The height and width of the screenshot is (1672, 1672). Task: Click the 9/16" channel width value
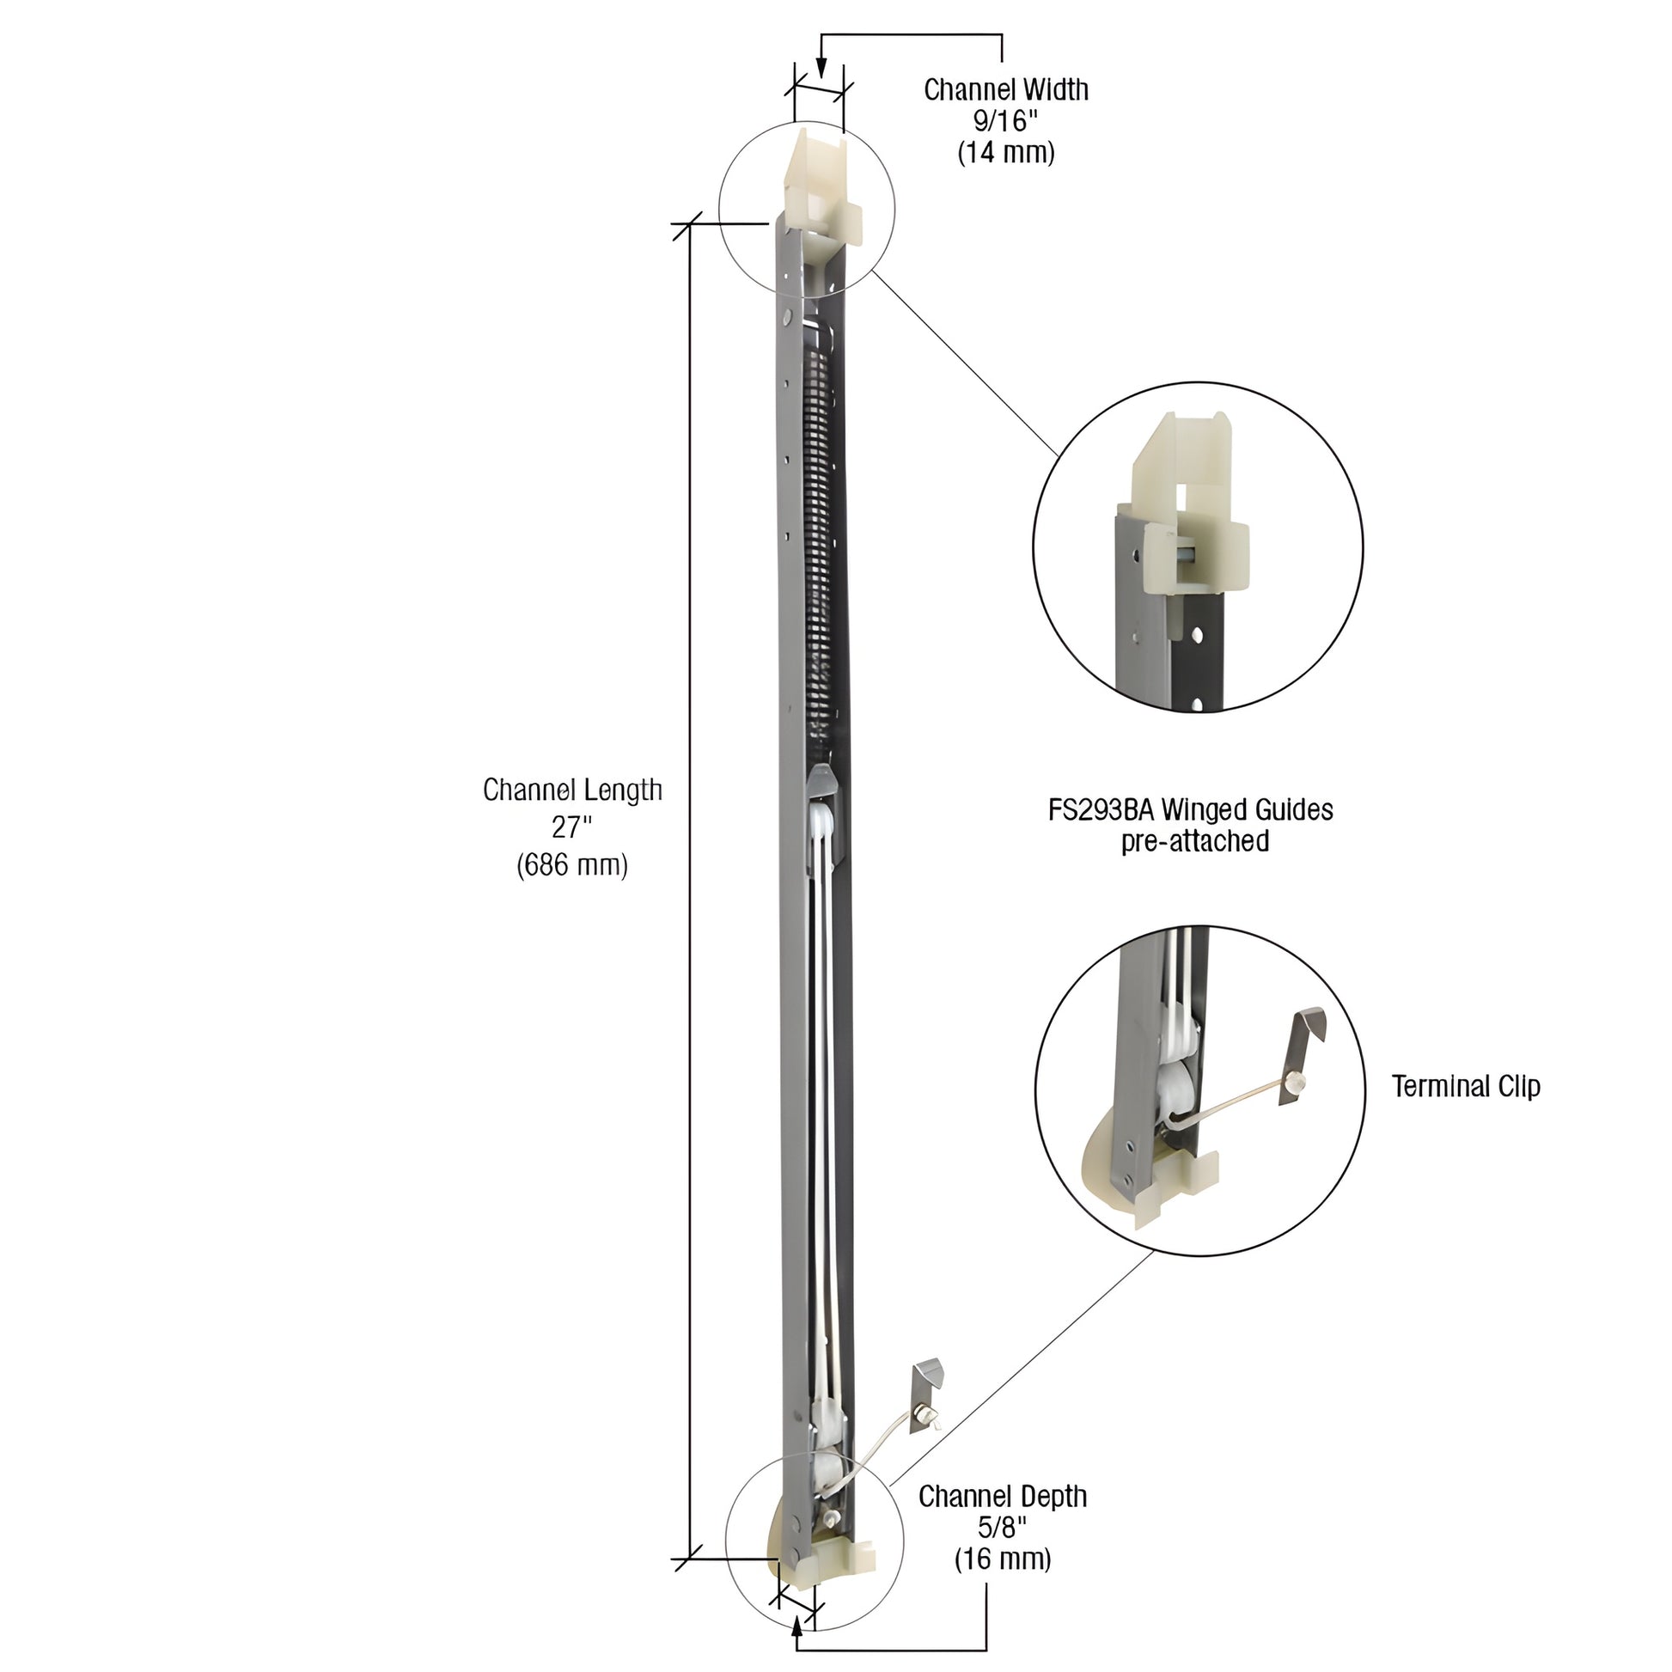click(1004, 121)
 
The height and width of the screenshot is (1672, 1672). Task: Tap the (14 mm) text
click(1005, 153)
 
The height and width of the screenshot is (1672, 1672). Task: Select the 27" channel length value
click(572, 827)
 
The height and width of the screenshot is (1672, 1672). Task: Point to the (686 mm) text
click(572, 864)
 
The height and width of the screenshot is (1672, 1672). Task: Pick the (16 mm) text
click(1002, 1559)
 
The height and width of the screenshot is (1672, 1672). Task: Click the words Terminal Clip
click(1465, 1086)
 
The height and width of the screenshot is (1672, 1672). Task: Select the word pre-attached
click(1195, 841)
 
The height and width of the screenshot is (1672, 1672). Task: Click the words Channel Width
click(1005, 89)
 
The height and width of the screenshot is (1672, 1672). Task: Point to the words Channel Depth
click(1002, 1497)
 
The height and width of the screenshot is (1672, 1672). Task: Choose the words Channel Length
click(572, 790)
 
